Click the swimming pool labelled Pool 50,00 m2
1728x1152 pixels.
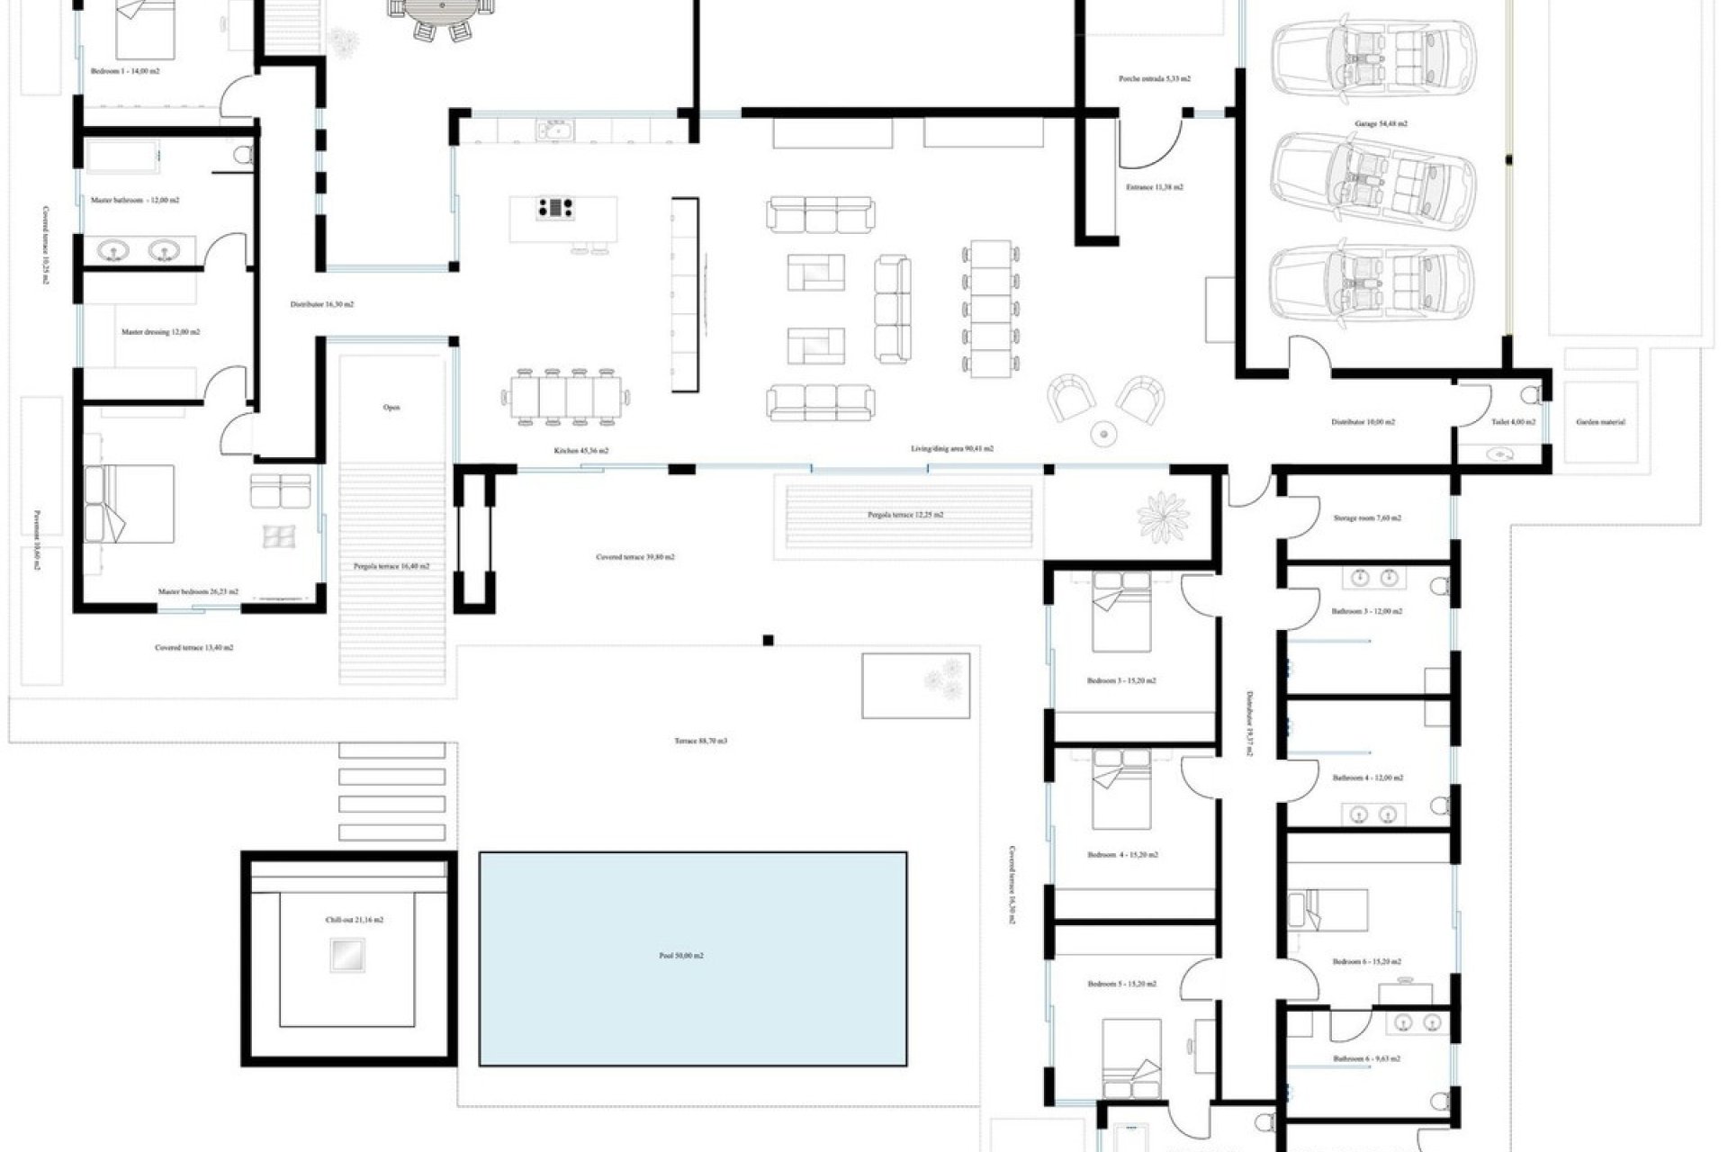[692, 958]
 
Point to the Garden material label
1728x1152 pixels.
[1600, 422]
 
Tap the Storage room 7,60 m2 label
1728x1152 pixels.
[1366, 518]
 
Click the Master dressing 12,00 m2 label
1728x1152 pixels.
[160, 332]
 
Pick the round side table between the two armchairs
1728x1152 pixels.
[1103, 434]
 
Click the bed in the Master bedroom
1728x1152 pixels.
[129, 504]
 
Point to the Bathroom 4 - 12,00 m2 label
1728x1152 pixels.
[1367, 778]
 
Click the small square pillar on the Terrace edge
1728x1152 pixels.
[768, 641]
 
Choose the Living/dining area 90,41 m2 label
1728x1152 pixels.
[951, 448]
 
